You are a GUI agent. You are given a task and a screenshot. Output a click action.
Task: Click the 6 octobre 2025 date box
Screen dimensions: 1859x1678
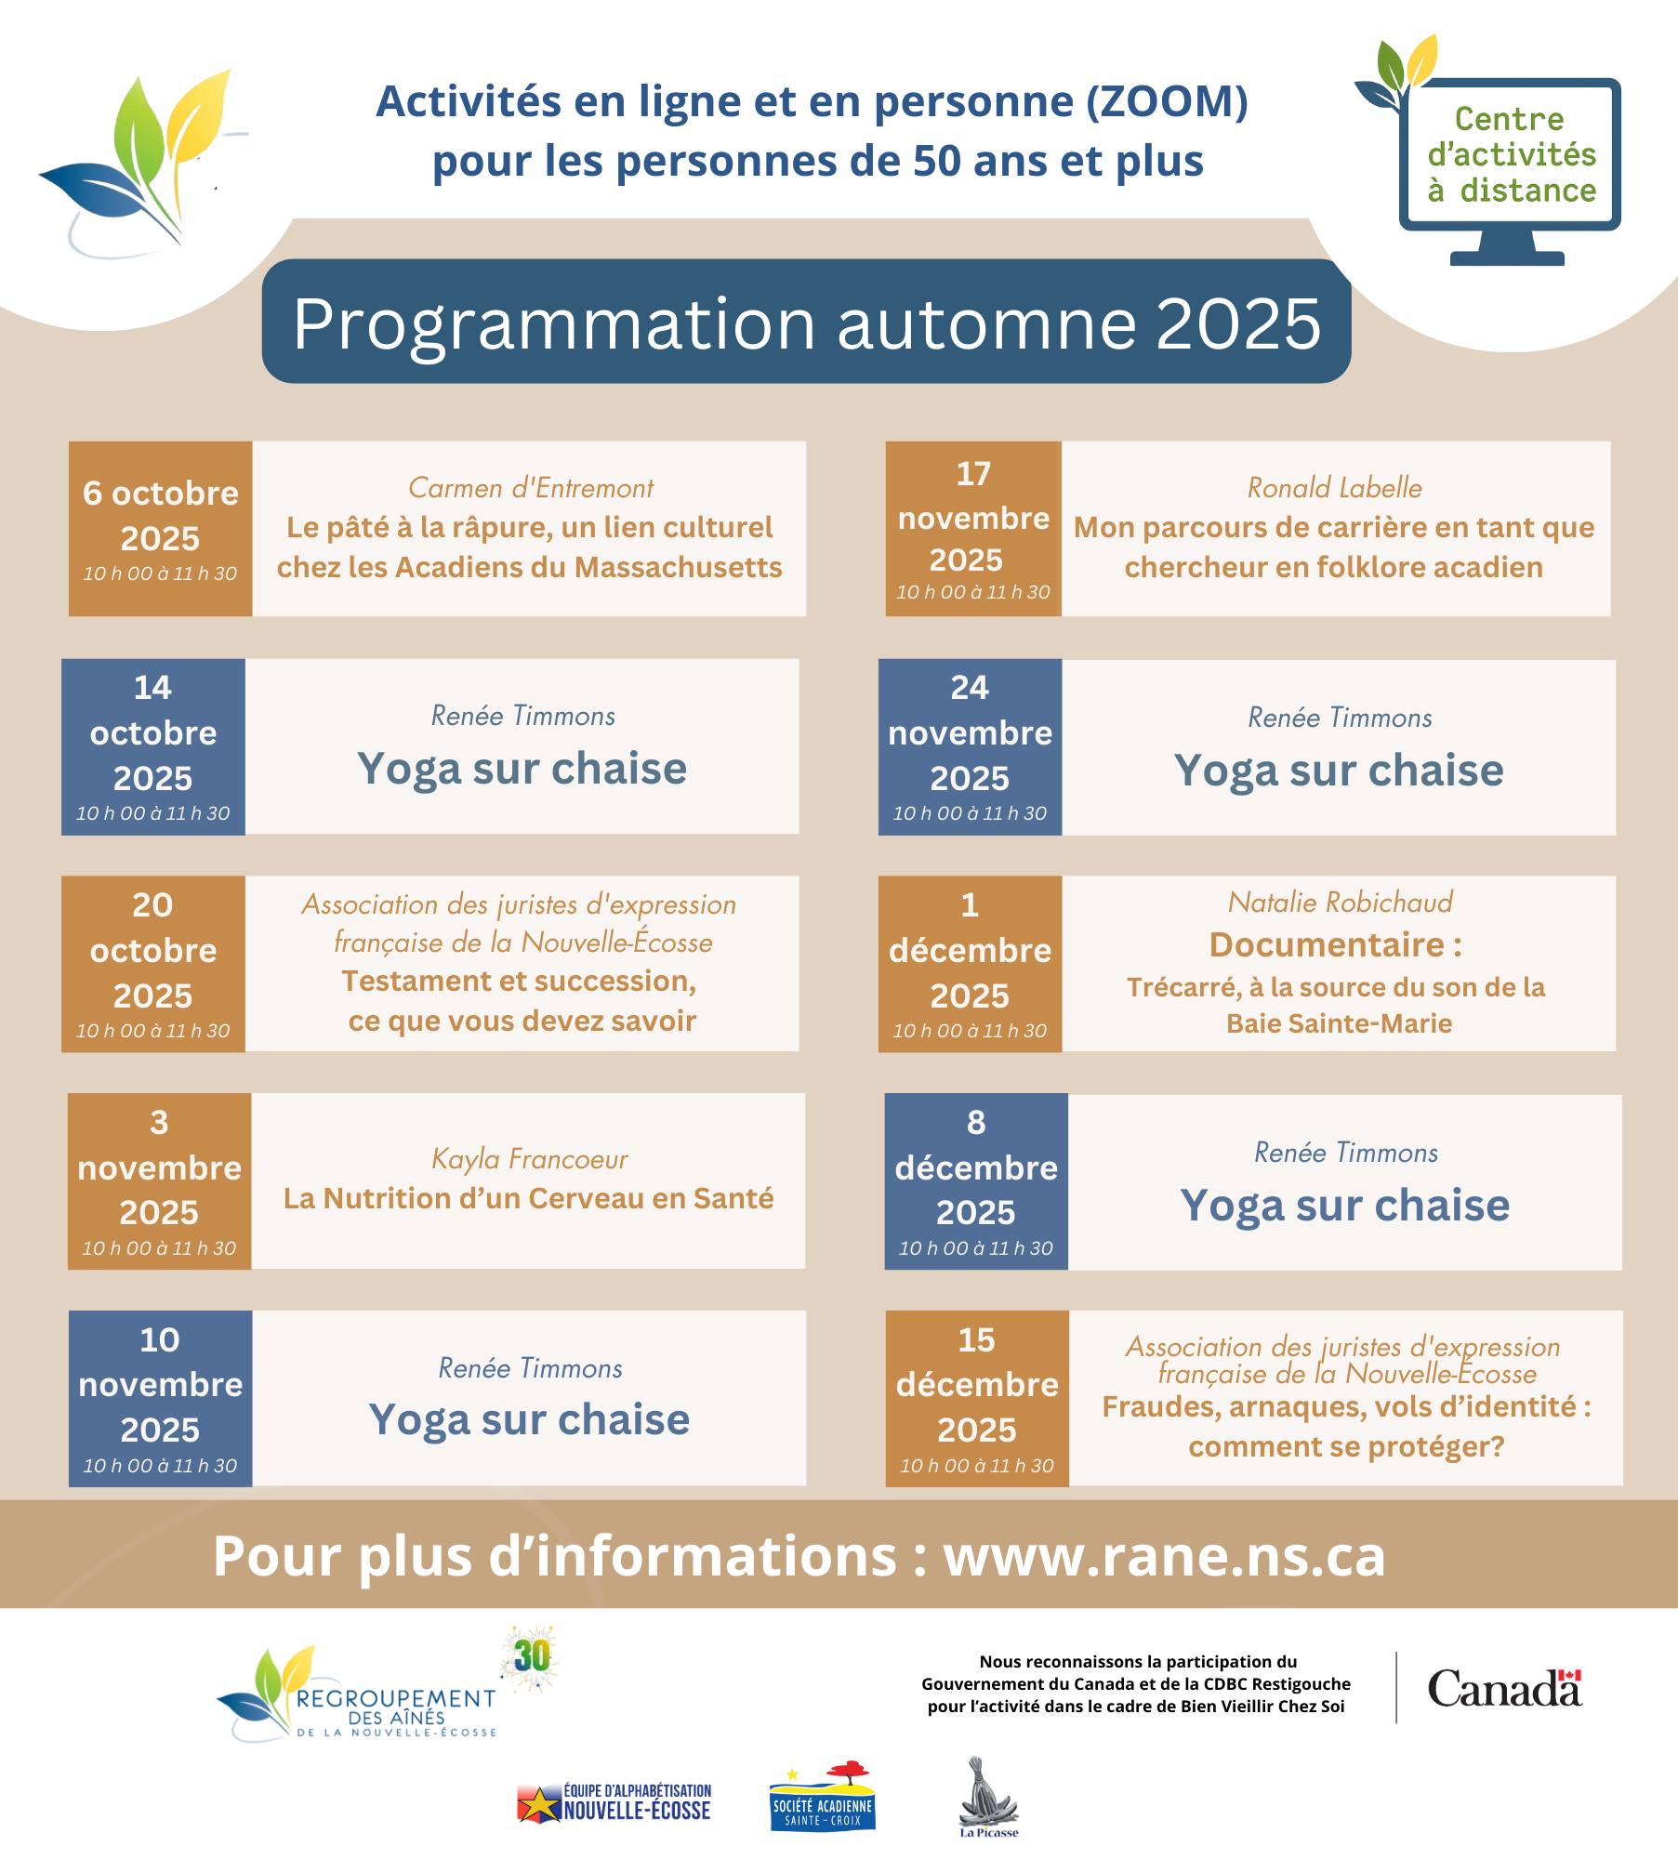[160, 528]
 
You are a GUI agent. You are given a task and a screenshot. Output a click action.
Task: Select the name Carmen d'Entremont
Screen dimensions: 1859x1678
[530, 488]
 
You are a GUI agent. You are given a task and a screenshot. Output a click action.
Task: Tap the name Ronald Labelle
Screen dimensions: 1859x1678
[1334, 488]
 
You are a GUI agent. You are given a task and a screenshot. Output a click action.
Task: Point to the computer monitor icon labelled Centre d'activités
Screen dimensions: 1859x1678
[1510, 158]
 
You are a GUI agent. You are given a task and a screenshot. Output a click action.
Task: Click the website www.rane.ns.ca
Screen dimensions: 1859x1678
[1164, 1556]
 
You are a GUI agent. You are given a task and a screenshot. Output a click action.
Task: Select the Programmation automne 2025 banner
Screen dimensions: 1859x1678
[806, 322]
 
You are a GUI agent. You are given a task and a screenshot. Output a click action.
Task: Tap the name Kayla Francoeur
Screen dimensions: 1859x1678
[529, 1159]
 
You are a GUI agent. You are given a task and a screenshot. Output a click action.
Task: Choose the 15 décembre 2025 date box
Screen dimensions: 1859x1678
[976, 1398]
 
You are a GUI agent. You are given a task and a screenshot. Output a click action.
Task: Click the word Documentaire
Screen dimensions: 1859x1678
[1327, 945]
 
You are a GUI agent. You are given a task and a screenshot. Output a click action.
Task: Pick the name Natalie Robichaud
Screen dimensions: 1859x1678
[1340, 903]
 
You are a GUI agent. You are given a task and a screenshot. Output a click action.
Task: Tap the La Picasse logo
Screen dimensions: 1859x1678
[988, 1797]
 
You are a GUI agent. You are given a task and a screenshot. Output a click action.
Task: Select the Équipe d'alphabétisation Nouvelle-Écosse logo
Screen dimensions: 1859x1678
[615, 1802]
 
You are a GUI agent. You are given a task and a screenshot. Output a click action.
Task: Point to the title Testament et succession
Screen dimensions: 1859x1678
[519, 982]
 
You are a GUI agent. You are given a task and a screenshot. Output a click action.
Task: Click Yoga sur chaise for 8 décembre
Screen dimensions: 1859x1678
[1344, 1206]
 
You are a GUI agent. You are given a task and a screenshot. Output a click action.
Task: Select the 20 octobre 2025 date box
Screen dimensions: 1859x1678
[152, 964]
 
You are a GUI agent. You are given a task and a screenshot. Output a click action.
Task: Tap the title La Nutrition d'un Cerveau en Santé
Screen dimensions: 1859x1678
[528, 1199]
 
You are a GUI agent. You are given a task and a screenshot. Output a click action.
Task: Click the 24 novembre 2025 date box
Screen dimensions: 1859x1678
[970, 746]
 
